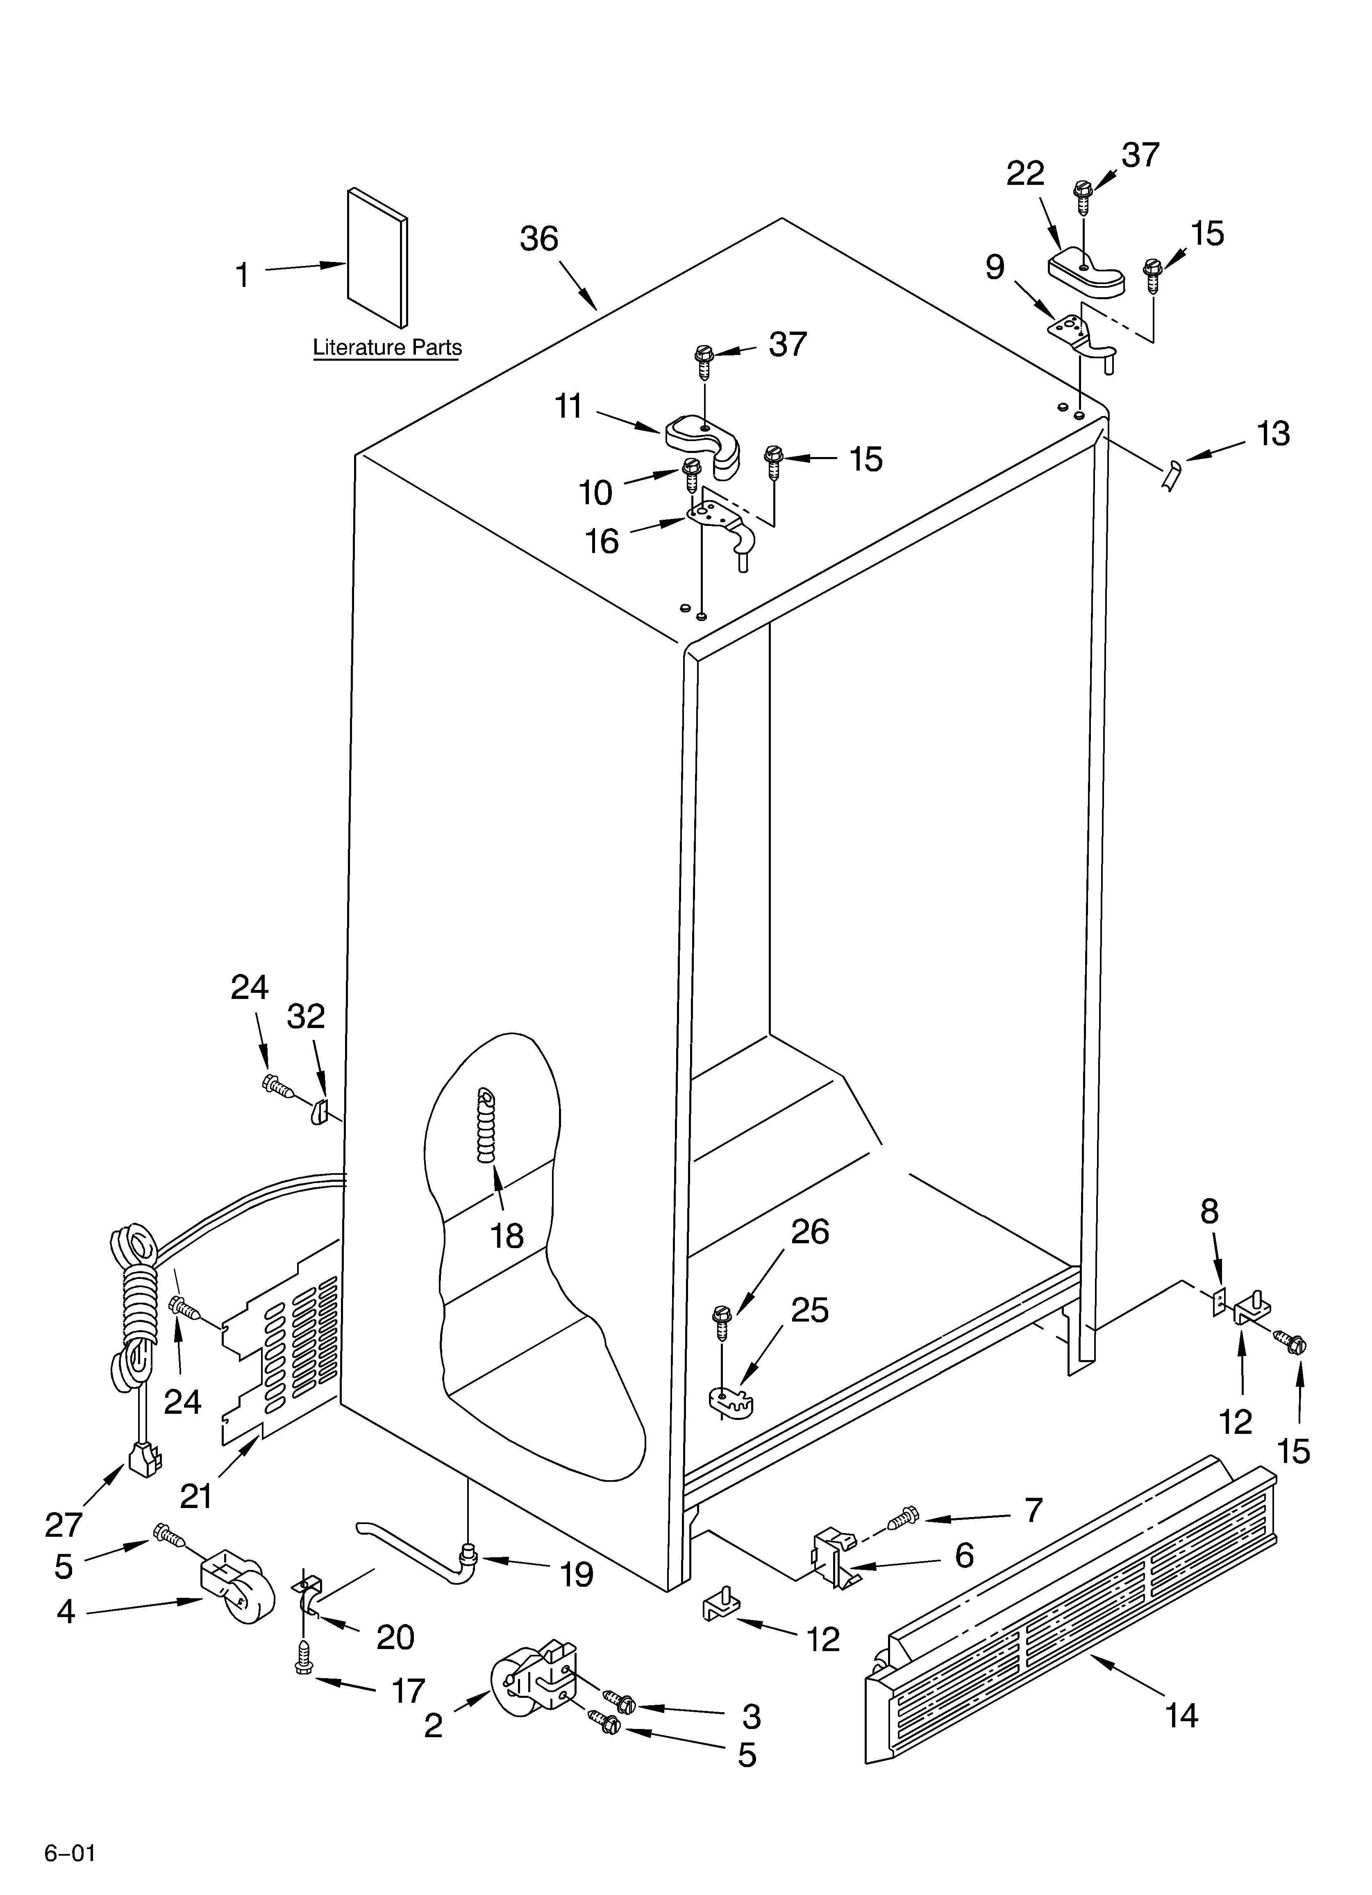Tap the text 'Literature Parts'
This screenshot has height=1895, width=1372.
[387, 348]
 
